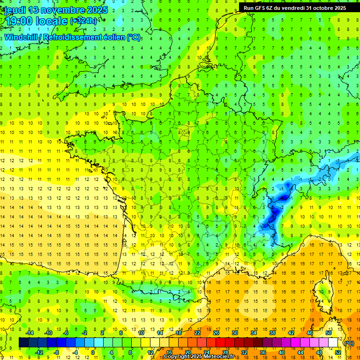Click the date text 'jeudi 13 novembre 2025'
[x=56, y=10]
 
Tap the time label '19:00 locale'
[x=36, y=21]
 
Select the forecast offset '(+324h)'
[x=84, y=21]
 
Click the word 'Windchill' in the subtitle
[x=22, y=37]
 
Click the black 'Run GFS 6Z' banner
[x=295, y=7]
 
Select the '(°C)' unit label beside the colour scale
[x=349, y=343]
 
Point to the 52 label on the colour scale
[x=338, y=352]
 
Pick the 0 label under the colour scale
[x=93, y=352]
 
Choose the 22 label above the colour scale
[x=197, y=333]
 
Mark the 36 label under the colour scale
[x=263, y=352]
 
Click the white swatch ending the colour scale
[x=333, y=343]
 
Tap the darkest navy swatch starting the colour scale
[x=23, y=343]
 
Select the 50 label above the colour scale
[x=329, y=333]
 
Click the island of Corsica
[x=322, y=293]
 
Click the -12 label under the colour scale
[x=39, y=352]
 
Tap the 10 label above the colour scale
[x=141, y=333]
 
